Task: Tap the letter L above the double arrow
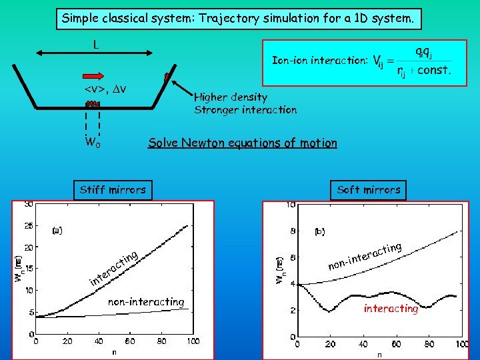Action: (x=97, y=45)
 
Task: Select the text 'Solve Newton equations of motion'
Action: (x=243, y=143)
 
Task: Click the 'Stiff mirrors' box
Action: (x=113, y=190)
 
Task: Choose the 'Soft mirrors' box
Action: (x=369, y=190)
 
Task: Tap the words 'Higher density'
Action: (x=231, y=97)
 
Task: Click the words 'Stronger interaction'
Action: (x=245, y=110)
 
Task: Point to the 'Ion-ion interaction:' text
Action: (x=320, y=61)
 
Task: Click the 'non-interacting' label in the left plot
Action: (x=146, y=302)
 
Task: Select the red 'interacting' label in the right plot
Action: (x=391, y=309)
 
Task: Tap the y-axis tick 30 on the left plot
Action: (x=29, y=204)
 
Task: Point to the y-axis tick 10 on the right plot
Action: (x=291, y=205)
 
